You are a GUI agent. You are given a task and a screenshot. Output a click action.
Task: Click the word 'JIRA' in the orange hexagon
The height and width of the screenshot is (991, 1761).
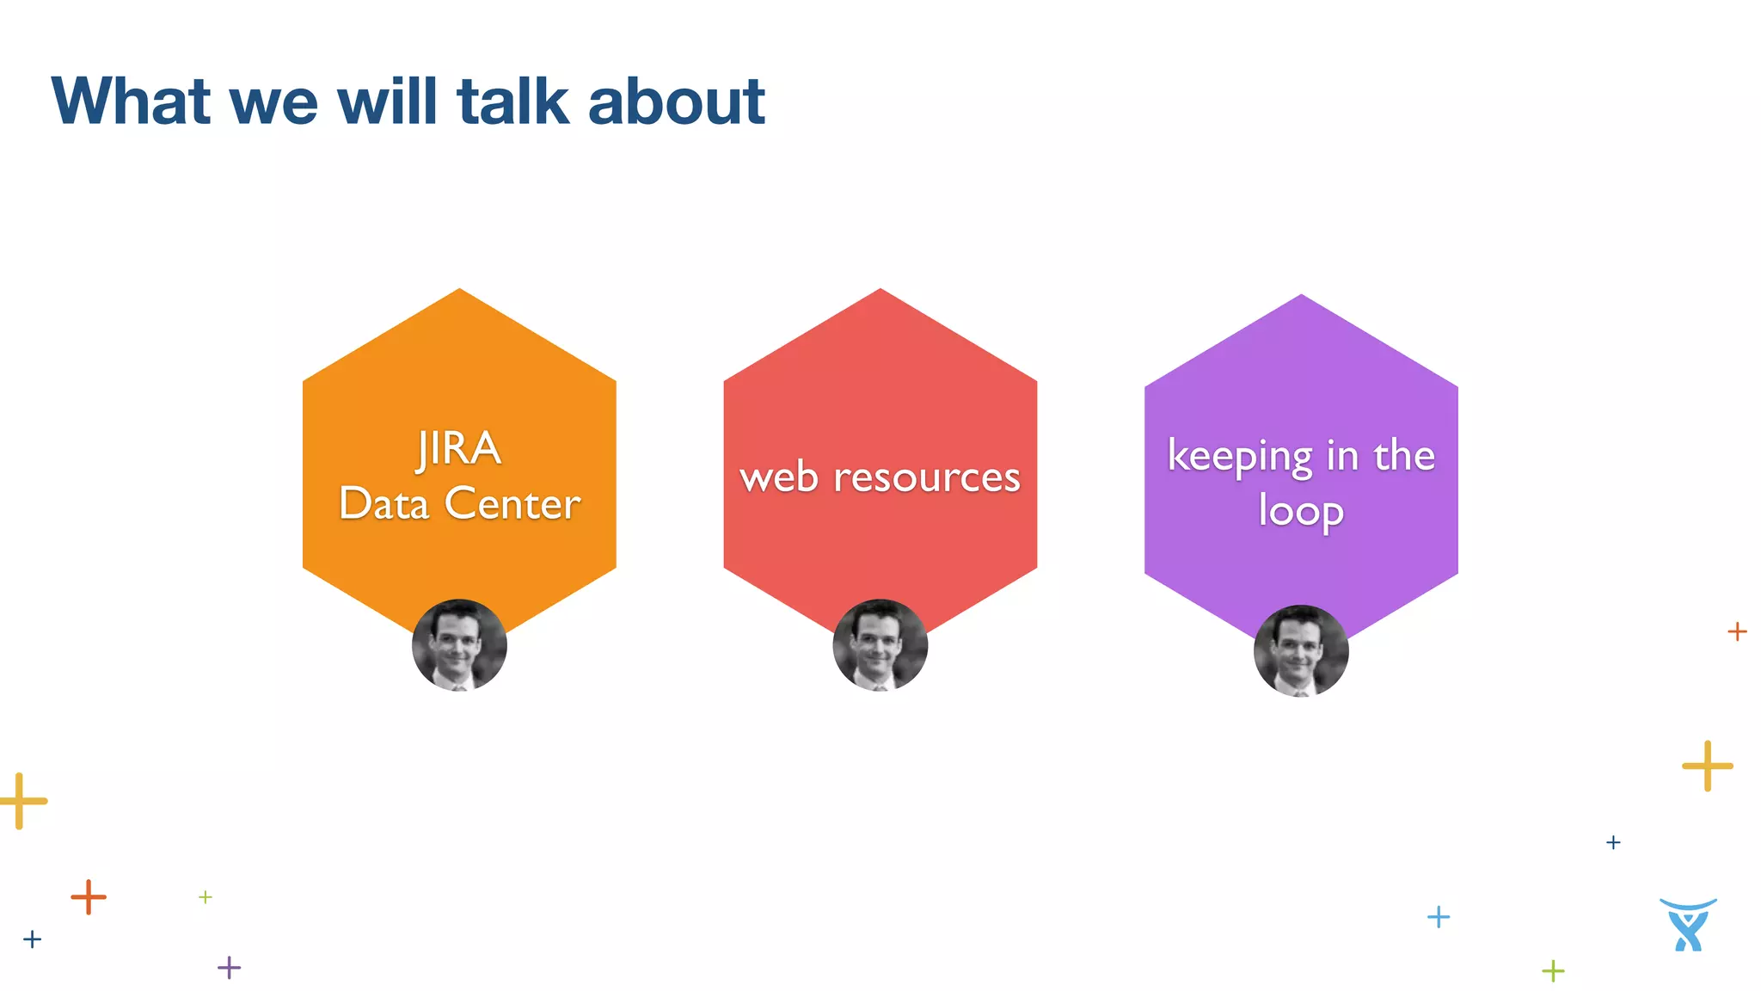459,449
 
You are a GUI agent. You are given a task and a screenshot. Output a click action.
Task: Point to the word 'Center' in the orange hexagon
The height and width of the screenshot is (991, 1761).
512,504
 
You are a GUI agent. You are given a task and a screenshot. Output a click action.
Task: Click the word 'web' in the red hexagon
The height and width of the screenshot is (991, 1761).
779,477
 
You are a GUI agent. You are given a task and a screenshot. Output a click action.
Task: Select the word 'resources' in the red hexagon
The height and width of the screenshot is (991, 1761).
926,477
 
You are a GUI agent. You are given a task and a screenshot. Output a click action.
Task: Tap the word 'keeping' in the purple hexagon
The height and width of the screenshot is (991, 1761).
1239,456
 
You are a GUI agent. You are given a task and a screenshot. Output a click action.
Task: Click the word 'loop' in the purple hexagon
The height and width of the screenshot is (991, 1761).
1300,511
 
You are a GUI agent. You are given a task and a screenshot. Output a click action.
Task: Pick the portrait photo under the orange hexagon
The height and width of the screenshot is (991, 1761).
459,645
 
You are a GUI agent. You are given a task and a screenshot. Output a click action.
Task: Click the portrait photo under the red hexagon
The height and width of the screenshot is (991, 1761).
880,645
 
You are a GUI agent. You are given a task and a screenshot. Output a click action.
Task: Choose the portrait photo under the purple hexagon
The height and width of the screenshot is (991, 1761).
1300,651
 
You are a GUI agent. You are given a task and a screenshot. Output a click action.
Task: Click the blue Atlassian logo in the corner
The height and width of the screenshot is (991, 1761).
1688,925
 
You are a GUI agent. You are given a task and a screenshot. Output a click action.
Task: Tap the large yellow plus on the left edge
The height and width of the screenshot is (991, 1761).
21,801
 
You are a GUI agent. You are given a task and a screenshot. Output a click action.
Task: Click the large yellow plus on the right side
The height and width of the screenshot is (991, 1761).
1707,765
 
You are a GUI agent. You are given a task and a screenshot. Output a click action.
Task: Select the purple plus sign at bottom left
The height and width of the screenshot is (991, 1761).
229,968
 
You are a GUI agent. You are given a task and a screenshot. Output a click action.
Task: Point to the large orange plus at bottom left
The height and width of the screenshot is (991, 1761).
89,897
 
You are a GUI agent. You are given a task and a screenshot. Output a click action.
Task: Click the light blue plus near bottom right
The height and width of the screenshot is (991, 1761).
1438,917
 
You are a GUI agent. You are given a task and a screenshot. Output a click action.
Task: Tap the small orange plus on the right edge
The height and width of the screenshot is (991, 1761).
1737,631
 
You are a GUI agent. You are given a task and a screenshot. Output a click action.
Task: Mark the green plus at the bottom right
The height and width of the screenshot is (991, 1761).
1553,971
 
